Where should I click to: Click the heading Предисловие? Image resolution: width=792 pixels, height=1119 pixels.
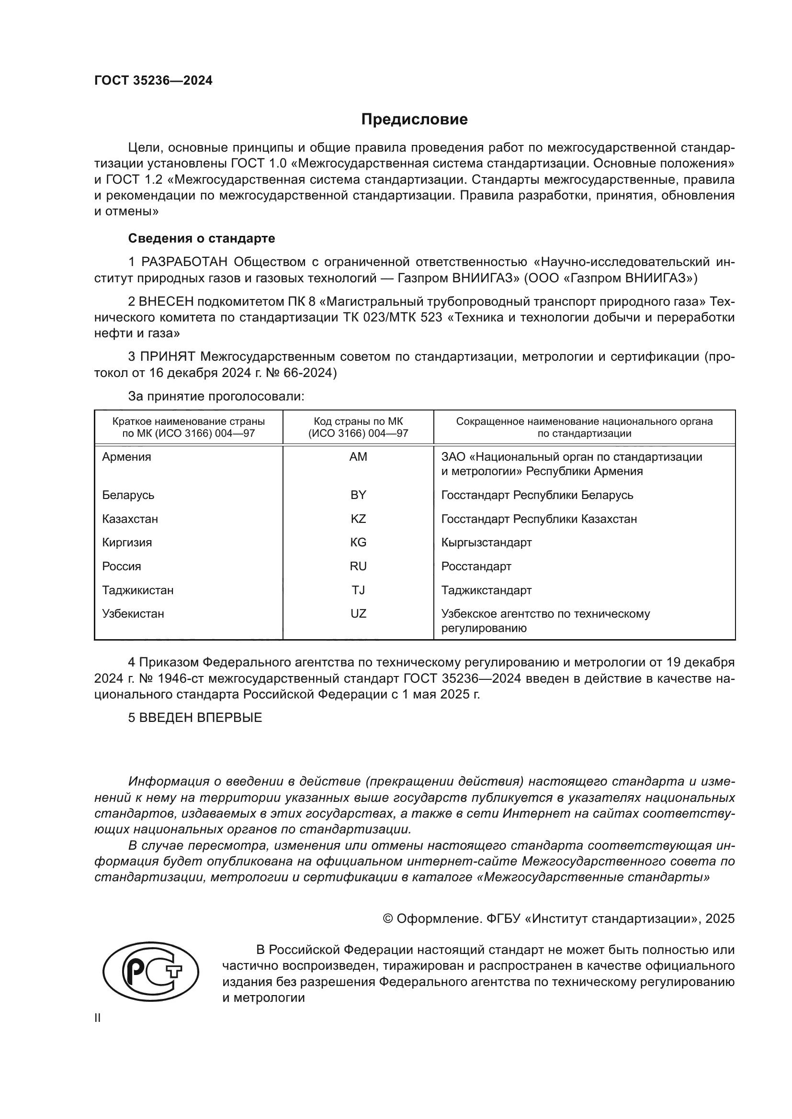point(414,120)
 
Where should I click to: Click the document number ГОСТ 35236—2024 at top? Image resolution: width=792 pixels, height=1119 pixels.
point(153,81)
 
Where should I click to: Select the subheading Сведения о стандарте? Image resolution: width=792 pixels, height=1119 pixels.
point(202,238)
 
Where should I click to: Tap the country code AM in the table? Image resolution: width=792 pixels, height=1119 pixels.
point(358,457)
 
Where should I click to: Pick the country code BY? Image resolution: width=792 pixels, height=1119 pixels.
point(358,495)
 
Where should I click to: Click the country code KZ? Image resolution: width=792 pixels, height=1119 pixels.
point(358,519)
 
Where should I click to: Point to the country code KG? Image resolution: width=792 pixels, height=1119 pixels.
point(358,543)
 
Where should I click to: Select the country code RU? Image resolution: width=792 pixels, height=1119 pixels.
point(358,566)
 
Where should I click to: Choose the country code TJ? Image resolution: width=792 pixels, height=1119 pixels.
point(358,590)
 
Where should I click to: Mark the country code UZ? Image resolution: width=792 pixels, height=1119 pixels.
point(358,614)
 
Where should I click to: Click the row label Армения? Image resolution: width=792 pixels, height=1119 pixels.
point(126,457)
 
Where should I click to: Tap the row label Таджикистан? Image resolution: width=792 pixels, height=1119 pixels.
point(137,590)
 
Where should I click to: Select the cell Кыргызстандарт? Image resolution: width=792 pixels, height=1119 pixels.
point(486,543)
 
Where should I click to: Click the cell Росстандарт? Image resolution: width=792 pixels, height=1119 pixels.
point(476,566)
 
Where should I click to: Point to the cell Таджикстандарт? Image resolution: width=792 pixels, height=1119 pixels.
point(486,590)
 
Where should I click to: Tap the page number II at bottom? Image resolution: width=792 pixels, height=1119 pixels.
point(98,1018)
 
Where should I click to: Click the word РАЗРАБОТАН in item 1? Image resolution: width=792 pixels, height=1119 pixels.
point(184,262)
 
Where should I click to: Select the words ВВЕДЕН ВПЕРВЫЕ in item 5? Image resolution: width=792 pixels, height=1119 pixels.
point(201,718)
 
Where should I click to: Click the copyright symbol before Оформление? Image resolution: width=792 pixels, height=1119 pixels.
point(388,919)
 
